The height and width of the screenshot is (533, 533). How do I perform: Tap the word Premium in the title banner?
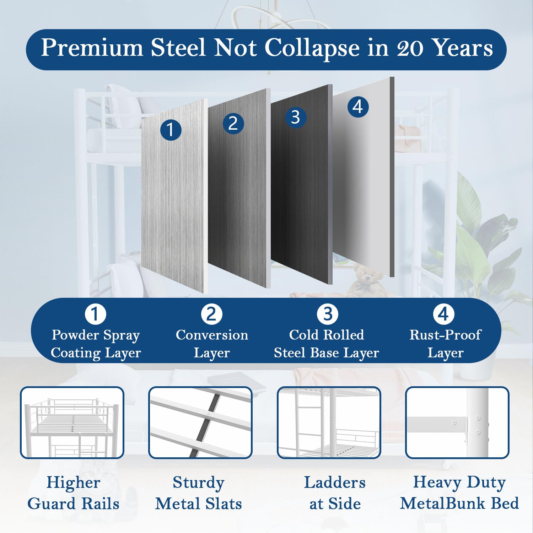click(x=92, y=47)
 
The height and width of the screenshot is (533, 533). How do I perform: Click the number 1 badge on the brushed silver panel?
click(x=171, y=130)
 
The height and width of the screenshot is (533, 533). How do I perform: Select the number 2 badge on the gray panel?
click(x=233, y=123)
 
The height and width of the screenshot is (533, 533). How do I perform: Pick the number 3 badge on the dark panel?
click(x=296, y=117)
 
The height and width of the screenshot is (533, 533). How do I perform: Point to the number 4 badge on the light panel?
click(x=358, y=107)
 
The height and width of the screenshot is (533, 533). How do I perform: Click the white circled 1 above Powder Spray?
click(x=96, y=314)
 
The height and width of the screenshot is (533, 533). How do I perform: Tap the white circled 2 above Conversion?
click(x=212, y=314)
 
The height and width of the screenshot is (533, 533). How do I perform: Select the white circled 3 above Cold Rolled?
click(x=328, y=314)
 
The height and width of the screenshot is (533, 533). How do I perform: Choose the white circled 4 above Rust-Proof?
click(x=443, y=314)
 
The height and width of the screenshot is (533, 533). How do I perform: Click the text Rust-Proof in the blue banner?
click(x=445, y=335)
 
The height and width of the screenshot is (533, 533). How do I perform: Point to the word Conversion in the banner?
click(x=212, y=335)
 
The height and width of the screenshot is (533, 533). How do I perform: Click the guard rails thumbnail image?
click(x=72, y=422)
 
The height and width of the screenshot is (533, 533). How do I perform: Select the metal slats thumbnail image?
click(x=200, y=422)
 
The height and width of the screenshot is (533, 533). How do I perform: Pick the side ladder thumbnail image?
click(x=329, y=422)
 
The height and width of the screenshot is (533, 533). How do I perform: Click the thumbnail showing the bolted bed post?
click(x=457, y=422)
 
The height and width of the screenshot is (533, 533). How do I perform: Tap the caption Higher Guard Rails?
click(x=73, y=493)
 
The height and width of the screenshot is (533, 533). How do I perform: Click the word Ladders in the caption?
click(x=335, y=483)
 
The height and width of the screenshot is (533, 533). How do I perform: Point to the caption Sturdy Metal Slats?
click(x=199, y=493)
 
